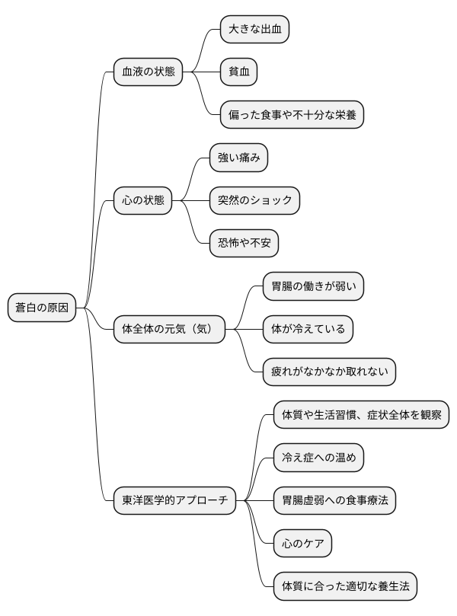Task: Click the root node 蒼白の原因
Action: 42,308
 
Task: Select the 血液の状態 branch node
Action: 148,72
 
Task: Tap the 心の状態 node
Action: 142,201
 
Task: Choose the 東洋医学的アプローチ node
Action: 175,501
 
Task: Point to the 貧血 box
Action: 238,72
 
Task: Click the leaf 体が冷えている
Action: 308,330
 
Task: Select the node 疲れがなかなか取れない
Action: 330,372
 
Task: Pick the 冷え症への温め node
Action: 318,458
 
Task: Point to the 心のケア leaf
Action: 302,544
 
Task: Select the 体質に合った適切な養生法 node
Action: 345,587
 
